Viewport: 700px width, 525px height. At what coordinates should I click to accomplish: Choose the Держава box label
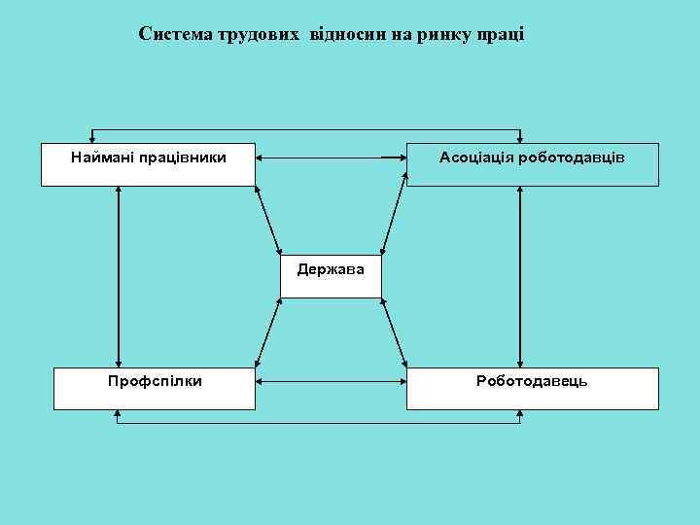[x=331, y=268]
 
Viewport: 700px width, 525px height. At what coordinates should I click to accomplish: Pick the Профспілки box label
[x=155, y=380]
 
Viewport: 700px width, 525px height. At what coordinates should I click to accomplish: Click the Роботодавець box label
[x=532, y=380]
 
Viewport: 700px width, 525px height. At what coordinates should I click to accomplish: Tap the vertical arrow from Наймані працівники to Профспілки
[x=118, y=276]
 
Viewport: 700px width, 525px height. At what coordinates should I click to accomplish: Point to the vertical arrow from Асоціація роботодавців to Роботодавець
[x=522, y=276]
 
